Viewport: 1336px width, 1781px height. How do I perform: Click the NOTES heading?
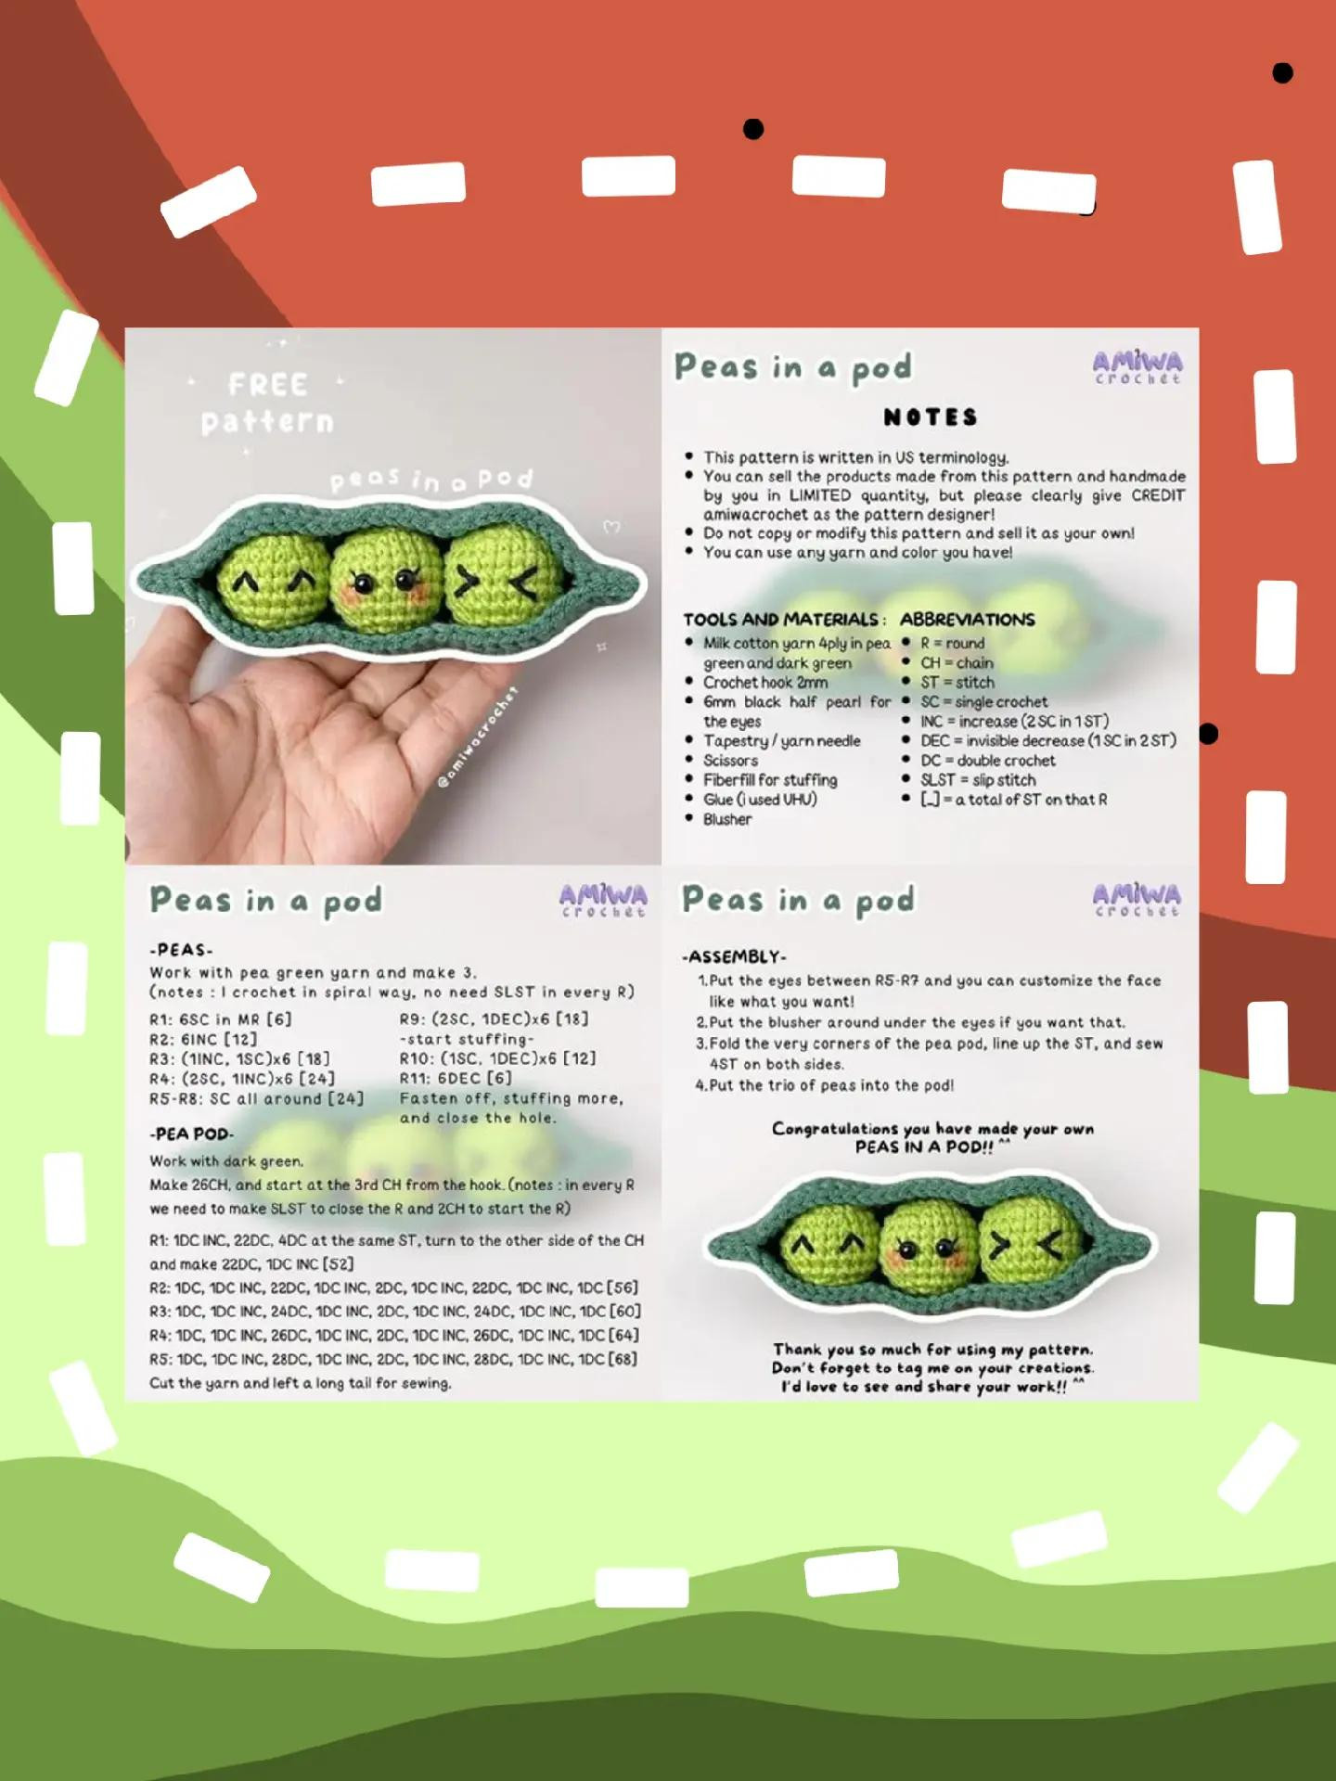(x=931, y=417)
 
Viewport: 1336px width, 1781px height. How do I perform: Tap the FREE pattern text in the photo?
(x=267, y=403)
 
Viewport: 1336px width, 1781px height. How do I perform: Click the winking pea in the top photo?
(x=505, y=583)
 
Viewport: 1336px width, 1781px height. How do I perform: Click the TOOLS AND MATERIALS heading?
(x=784, y=620)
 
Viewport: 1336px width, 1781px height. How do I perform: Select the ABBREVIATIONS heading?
(x=967, y=620)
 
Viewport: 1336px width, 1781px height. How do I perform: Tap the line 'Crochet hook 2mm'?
(x=764, y=682)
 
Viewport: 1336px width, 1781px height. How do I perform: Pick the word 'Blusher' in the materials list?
(x=727, y=819)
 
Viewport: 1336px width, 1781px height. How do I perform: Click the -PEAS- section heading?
(x=181, y=950)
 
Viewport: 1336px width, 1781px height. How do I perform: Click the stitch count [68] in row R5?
(x=622, y=1359)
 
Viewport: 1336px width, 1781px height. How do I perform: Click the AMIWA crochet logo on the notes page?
(x=1137, y=367)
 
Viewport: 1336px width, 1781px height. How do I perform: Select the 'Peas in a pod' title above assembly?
(x=798, y=900)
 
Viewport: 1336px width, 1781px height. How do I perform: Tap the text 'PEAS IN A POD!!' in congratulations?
(x=923, y=1147)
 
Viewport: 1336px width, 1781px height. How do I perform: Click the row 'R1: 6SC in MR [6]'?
(x=221, y=1019)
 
